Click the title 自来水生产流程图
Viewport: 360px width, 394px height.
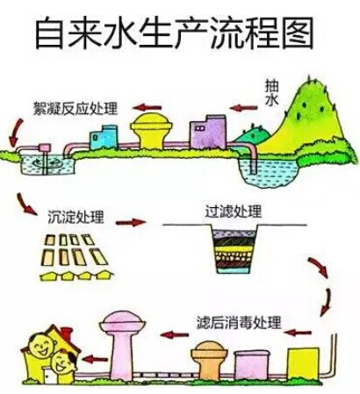pos(175,32)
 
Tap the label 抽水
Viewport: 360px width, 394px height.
pos(271,92)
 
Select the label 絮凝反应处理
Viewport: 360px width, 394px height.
pos(76,109)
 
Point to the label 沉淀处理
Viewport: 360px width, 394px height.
pos(76,217)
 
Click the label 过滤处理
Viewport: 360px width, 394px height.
pos(233,211)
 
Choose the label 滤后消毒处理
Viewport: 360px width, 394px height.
pos(239,323)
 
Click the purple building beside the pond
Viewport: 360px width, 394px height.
pos(208,132)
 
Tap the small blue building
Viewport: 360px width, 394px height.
pos(104,137)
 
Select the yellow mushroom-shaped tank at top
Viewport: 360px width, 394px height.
pos(151,131)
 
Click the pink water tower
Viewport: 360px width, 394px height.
pos(122,346)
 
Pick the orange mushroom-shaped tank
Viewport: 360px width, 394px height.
pos(209,361)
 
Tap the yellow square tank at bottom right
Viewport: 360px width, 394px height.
pos(303,363)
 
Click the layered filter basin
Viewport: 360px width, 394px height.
pos(234,249)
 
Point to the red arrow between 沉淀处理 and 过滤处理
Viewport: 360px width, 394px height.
pos(131,223)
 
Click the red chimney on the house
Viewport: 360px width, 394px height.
pos(67,333)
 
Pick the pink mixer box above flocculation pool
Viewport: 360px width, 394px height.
pos(45,147)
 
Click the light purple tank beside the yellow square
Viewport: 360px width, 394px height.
pos(251,365)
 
